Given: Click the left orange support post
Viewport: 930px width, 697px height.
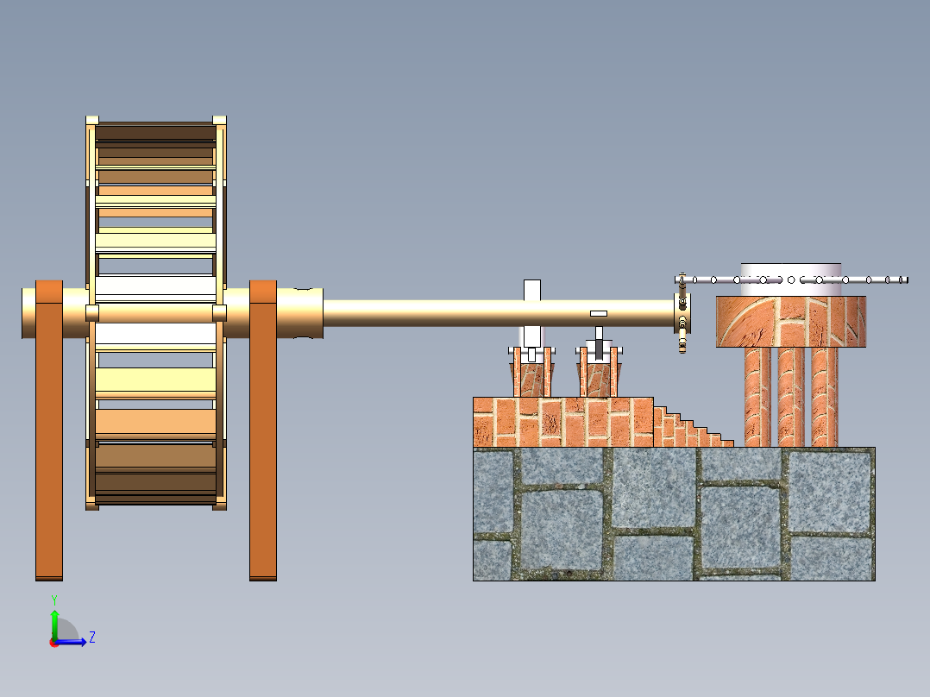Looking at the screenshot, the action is click(49, 430).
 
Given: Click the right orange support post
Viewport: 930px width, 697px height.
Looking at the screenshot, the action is click(263, 430).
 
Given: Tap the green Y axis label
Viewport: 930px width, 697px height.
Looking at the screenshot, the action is click(54, 600).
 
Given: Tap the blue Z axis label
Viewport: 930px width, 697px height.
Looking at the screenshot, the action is click(92, 637).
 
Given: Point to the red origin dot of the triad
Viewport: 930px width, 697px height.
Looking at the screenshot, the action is click(53, 643).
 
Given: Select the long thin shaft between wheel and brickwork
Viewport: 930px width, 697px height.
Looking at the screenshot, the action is click(499, 313).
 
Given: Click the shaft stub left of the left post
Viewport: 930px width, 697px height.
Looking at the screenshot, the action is click(28, 313).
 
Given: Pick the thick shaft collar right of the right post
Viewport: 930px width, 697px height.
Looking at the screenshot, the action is click(300, 313).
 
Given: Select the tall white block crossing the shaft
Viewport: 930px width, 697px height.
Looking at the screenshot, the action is click(532, 290).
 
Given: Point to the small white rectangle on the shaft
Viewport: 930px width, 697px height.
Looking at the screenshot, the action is click(599, 313).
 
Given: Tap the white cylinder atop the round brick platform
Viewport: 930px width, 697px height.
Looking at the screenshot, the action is click(790, 279).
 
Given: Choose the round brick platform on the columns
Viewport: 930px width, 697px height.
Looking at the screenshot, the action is click(790, 322).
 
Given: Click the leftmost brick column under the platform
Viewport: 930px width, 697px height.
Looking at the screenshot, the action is click(757, 397).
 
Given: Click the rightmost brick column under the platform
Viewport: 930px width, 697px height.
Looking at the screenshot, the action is click(825, 397).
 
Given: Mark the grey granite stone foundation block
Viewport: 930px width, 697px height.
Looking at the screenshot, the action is click(674, 514).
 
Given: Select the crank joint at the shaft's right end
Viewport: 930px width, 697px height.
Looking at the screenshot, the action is click(682, 313).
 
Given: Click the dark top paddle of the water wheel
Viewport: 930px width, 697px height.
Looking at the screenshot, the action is click(155, 132).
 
